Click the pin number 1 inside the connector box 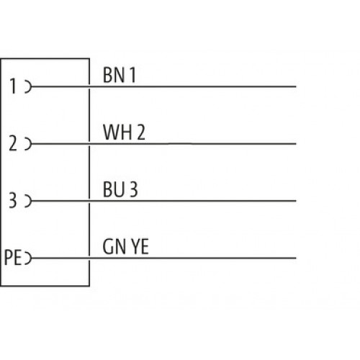click(13, 86)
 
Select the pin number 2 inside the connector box click(13, 143)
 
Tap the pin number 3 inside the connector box click(13, 200)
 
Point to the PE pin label click(13, 258)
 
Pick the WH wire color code click(117, 132)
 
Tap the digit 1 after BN click(132, 75)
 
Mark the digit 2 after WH click(141, 132)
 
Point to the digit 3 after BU click(134, 189)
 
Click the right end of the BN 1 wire click(296, 86)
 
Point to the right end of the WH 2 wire click(296, 144)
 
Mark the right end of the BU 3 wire click(296, 201)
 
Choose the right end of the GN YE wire click(296, 258)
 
